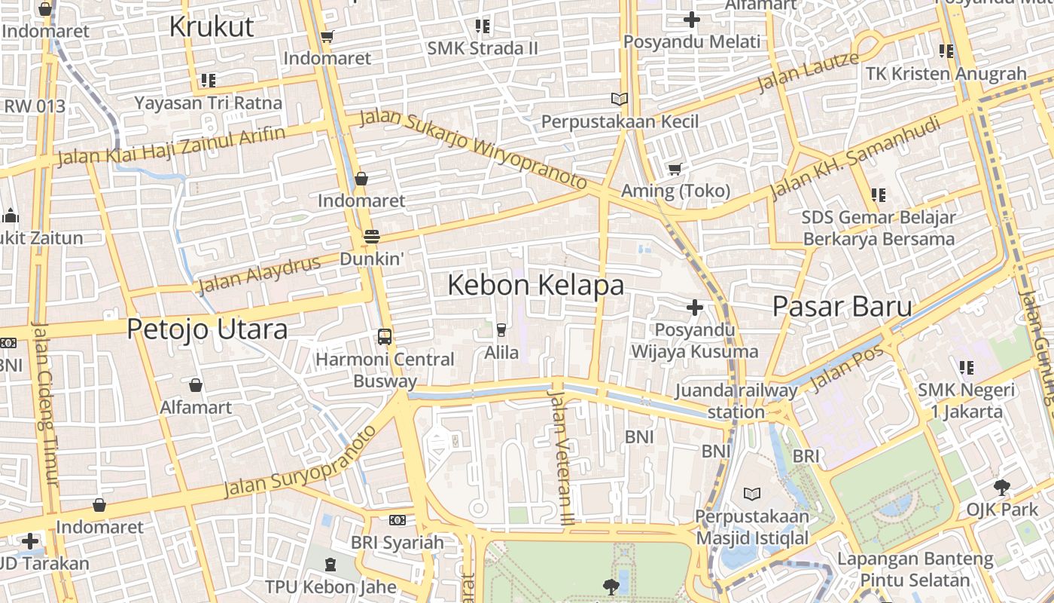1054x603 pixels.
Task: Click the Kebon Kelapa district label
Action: [x=535, y=286]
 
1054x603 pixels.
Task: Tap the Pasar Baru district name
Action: [x=842, y=307]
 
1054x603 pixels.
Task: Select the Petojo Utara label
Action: [x=207, y=329]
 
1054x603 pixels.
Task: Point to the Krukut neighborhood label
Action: [x=212, y=26]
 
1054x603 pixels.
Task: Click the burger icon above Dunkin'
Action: [x=371, y=236]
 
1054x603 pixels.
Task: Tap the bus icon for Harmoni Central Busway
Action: [x=385, y=336]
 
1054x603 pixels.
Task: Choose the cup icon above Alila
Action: [x=501, y=329]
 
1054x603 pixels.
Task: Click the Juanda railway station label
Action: [x=736, y=401]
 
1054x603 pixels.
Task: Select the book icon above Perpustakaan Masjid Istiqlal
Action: [x=751, y=494]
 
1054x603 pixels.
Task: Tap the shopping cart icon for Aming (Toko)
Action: [x=675, y=169]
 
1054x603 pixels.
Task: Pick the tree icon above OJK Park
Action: [x=1002, y=487]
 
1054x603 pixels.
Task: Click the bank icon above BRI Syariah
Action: [x=398, y=520]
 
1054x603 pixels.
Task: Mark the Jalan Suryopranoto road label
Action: [x=300, y=462]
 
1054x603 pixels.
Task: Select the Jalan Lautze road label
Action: [x=808, y=72]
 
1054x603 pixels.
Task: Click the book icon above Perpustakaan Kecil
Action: [x=620, y=99]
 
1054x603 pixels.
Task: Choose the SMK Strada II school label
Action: [x=483, y=48]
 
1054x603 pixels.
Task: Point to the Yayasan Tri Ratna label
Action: [x=209, y=103]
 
